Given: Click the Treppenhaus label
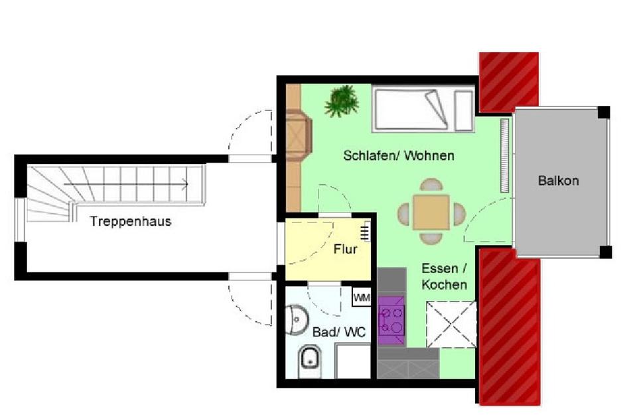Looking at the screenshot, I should pos(131,222).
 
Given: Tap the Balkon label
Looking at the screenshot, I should pos(558,181).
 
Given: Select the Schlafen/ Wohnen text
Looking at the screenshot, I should pos(399,156).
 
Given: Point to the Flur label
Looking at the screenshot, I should pos(346,250).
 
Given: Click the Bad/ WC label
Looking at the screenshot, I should pos(338,332).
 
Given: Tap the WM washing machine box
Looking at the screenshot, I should pos(362,297).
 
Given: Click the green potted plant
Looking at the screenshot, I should pos(342,101).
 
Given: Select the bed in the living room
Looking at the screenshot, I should pos(423,108).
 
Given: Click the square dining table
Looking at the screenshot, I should pos(431,212).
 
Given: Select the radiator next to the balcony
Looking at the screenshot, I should pos(506,155).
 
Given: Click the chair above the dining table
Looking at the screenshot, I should pos(431,185).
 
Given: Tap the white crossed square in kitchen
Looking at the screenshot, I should pos(451,324).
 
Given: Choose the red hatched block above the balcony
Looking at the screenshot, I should pos(508,81).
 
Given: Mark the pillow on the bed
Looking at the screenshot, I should pos(463,110).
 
